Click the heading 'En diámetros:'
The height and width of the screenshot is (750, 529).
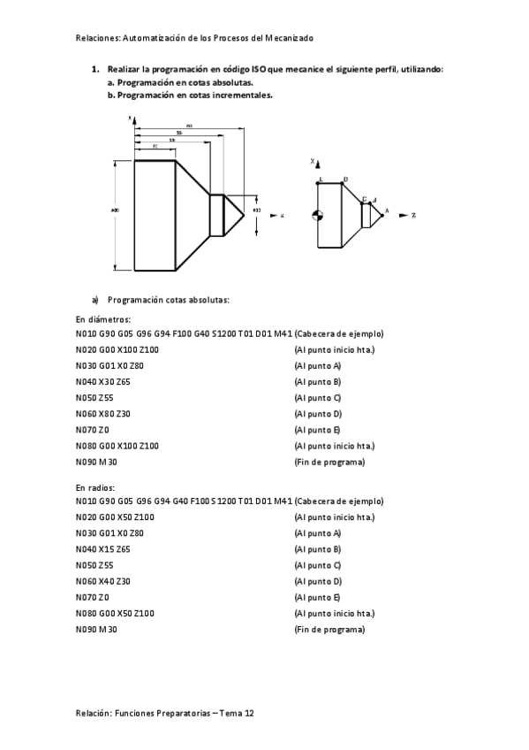(102, 318)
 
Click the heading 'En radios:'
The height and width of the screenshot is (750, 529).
(95, 486)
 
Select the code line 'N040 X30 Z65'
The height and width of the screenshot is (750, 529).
(110, 381)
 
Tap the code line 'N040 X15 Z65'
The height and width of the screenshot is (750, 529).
(110, 549)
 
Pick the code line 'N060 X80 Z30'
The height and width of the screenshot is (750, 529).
(110, 413)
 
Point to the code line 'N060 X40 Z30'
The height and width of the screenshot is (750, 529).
(110, 581)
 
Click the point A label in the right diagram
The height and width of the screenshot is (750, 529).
(386, 211)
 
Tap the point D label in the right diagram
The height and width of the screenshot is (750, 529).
(345, 179)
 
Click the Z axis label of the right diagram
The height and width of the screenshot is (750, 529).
(413, 215)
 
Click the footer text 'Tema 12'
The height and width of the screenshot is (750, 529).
(239, 712)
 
